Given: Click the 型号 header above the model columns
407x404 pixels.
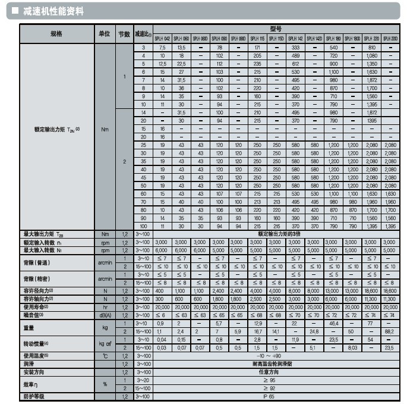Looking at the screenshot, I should pyautogui.click(x=276, y=29).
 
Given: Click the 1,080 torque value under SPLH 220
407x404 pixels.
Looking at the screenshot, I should pyautogui.click(x=371, y=55).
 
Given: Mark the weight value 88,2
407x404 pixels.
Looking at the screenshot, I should pyautogui.click(x=390, y=331).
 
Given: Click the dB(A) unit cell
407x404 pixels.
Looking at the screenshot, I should pyautogui.click(x=105, y=315).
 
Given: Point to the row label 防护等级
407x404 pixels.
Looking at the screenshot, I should pyautogui.click(x=34, y=396).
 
